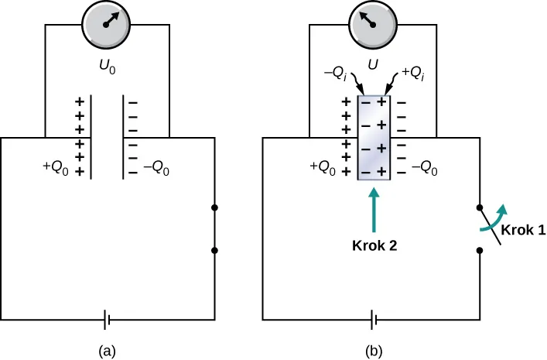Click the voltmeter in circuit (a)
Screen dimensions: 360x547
click(107, 24)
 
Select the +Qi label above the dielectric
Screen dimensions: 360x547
click(412, 74)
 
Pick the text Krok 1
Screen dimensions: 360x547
click(521, 231)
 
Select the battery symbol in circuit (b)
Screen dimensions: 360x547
click(374, 319)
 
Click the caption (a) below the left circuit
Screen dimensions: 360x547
click(108, 350)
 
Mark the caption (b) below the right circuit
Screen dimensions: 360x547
click(374, 350)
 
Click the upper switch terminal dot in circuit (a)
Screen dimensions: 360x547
click(214, 207)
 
